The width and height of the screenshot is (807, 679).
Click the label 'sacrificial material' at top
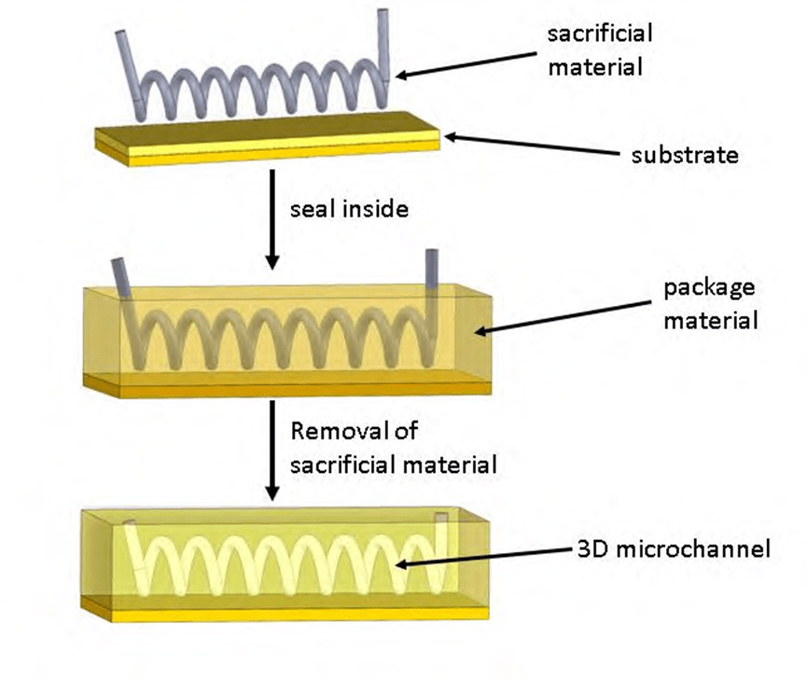click(x=600, y=49)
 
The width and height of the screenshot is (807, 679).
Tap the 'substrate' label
click(x=685, y=155)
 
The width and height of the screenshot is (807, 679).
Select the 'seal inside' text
click(x=349, y=208)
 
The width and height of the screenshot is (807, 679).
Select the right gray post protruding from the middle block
click(x=432, y=270)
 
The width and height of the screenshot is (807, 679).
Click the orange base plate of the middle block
click(x=280, y=385)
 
